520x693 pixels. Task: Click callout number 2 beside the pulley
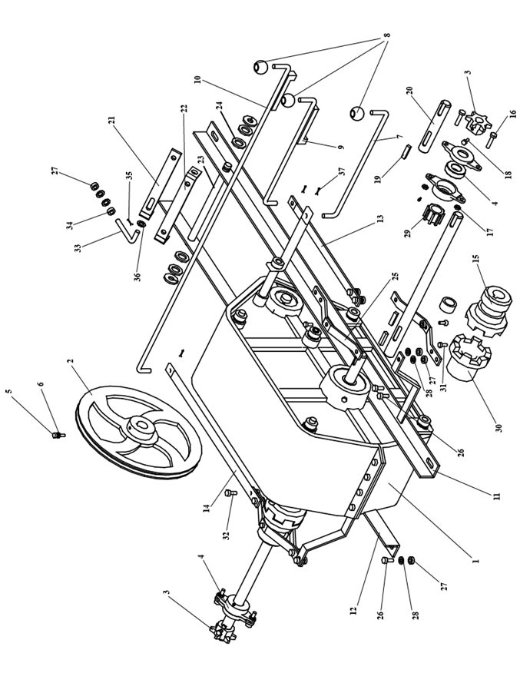(69, 361)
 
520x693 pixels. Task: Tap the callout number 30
(499, 427)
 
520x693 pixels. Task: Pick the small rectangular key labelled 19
(406, 151)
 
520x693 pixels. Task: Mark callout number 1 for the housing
(475, 560)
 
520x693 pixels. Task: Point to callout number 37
(340, 171)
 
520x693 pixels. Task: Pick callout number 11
(497, 496)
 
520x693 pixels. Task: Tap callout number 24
(219, 106)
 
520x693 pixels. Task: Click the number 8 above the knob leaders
(387, 35)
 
